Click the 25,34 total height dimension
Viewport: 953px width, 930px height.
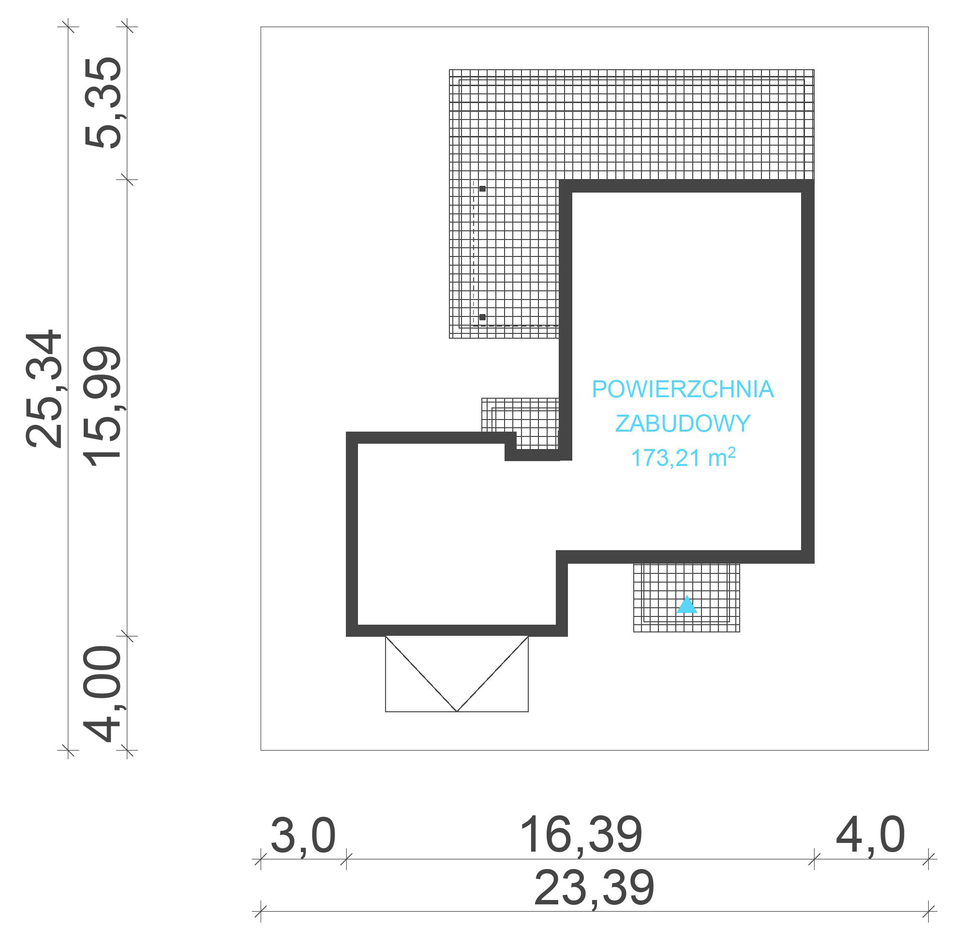pyautogui.click(x=44, y=390)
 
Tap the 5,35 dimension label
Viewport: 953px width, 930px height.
pyautogui.click(x=103, y=103)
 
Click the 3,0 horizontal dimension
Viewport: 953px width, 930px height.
pyautogui.click(x=303, y=836)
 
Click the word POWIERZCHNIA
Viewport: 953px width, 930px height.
pyautogui.click(x=683, y=390)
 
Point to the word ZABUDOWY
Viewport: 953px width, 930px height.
pyautogui.click(x=683, y=423)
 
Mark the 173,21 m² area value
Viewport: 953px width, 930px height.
pyautogui.click(x=683, y=457)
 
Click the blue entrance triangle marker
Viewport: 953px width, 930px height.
pyautogui.click(x=686, y=605)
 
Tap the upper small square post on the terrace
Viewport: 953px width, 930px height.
pyautogui.click(x=482, y=189)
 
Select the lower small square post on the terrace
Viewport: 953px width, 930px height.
pyautogui.click(x=482, y=317)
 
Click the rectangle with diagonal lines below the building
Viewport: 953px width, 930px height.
pyautogui.click(x=457, y=674)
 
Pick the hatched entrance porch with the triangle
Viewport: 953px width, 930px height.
pyautogui.click(x=686, y=598)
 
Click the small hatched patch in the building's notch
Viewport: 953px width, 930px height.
pyautogui.click(x=521, y=423)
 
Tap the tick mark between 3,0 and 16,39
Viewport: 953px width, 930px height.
pyautogui.click(x=346, y=859)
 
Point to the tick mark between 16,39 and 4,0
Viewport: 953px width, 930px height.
pyautogui.click(x=814, y=859)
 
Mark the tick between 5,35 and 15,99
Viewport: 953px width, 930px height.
pyautogui.click(x=127, y=180)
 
